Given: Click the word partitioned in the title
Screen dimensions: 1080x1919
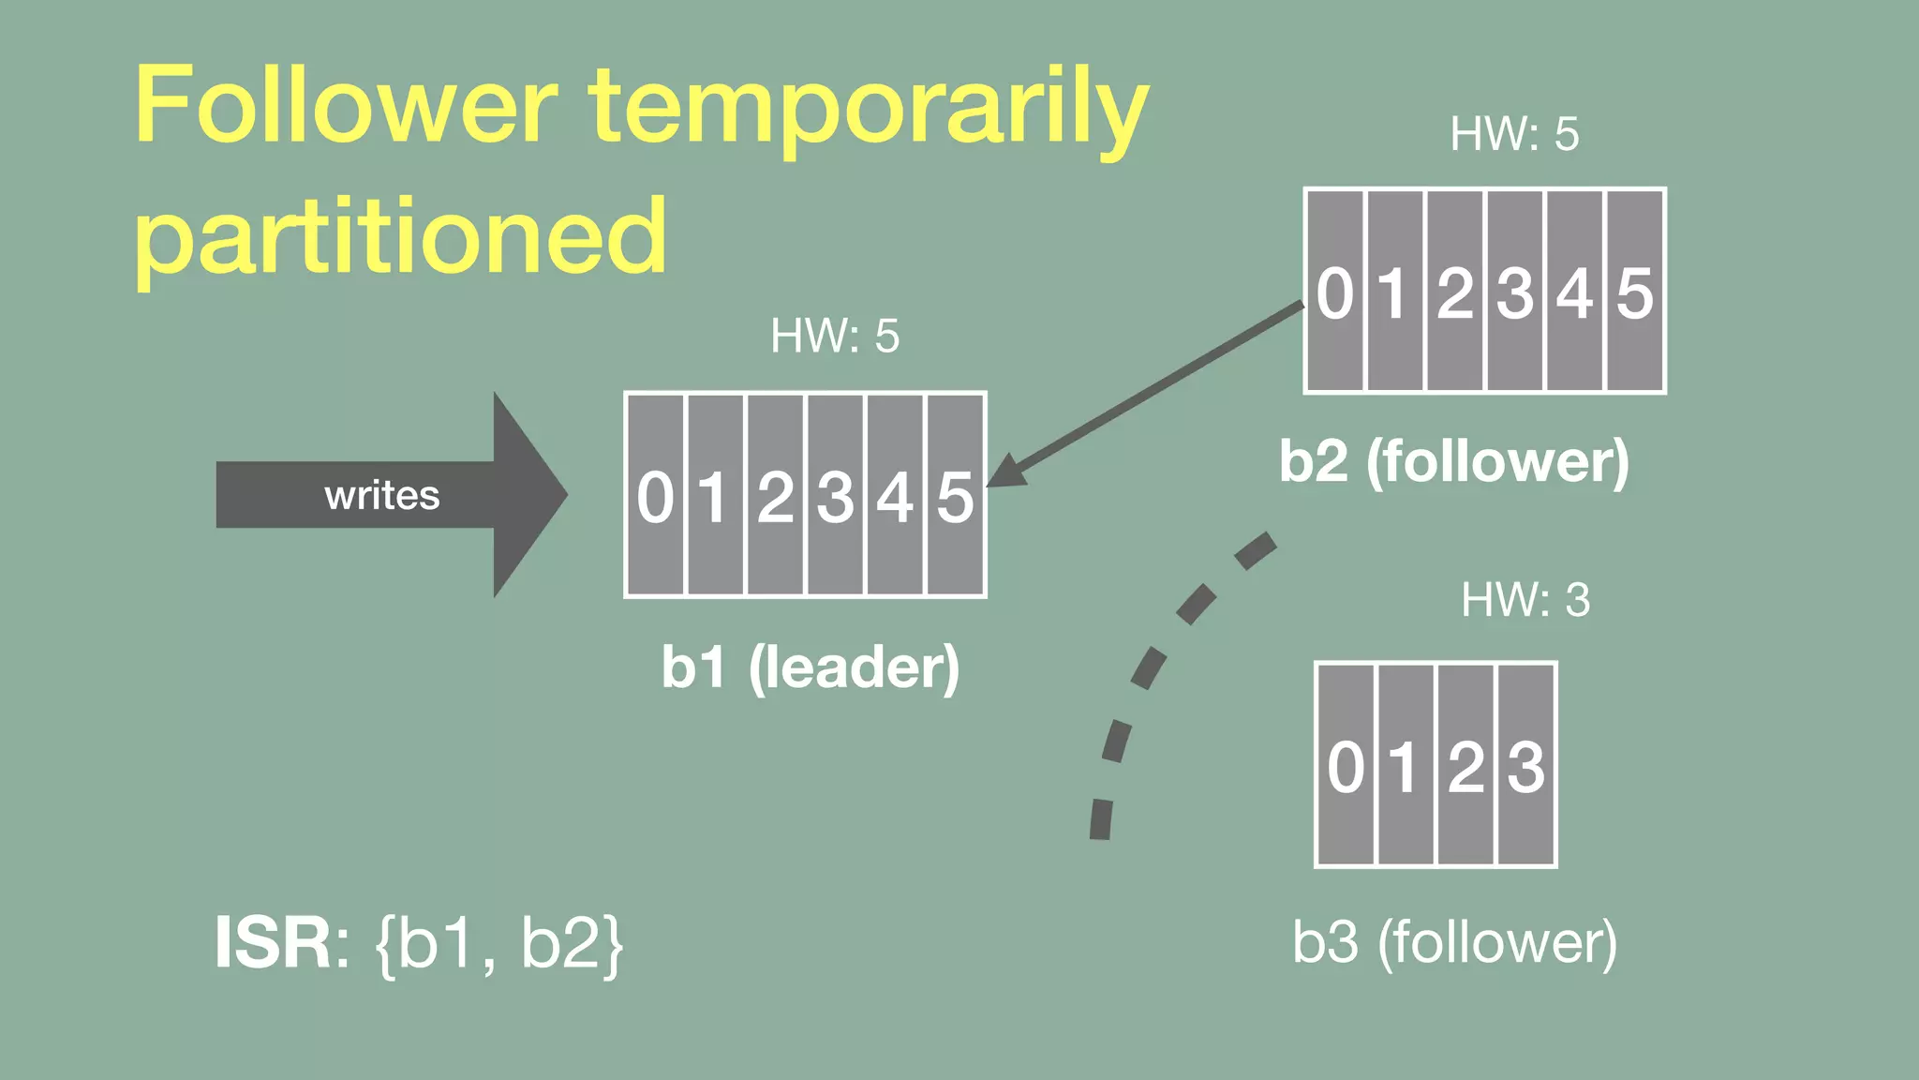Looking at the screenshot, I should click(401, 236).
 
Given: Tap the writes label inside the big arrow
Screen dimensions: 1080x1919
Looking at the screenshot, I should click(382, 495).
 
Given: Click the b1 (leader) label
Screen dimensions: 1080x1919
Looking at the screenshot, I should click(811, 667).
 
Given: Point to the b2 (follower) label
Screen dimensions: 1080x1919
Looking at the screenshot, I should click(1454, 461).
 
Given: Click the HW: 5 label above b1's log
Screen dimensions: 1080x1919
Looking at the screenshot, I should click(834, 336).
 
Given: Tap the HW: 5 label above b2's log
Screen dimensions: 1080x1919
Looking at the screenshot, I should click(1514, 134).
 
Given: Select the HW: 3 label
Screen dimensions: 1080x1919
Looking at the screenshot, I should click(1525, 600).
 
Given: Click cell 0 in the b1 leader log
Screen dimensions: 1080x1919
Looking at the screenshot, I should click(655, 495).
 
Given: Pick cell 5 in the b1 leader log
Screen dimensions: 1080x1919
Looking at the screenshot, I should click(955, 495).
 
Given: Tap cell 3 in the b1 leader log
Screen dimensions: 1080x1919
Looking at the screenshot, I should click(835, 495).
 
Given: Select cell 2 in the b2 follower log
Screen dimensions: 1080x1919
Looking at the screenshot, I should click(1455, 292).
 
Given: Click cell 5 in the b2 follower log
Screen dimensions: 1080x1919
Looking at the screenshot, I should click(1635, 292).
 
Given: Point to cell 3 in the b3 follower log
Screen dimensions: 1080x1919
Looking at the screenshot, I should click(1526, 765).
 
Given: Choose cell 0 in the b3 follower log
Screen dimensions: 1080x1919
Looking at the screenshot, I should click(1346, 765).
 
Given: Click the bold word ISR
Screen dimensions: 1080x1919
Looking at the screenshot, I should click(273, 942).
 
